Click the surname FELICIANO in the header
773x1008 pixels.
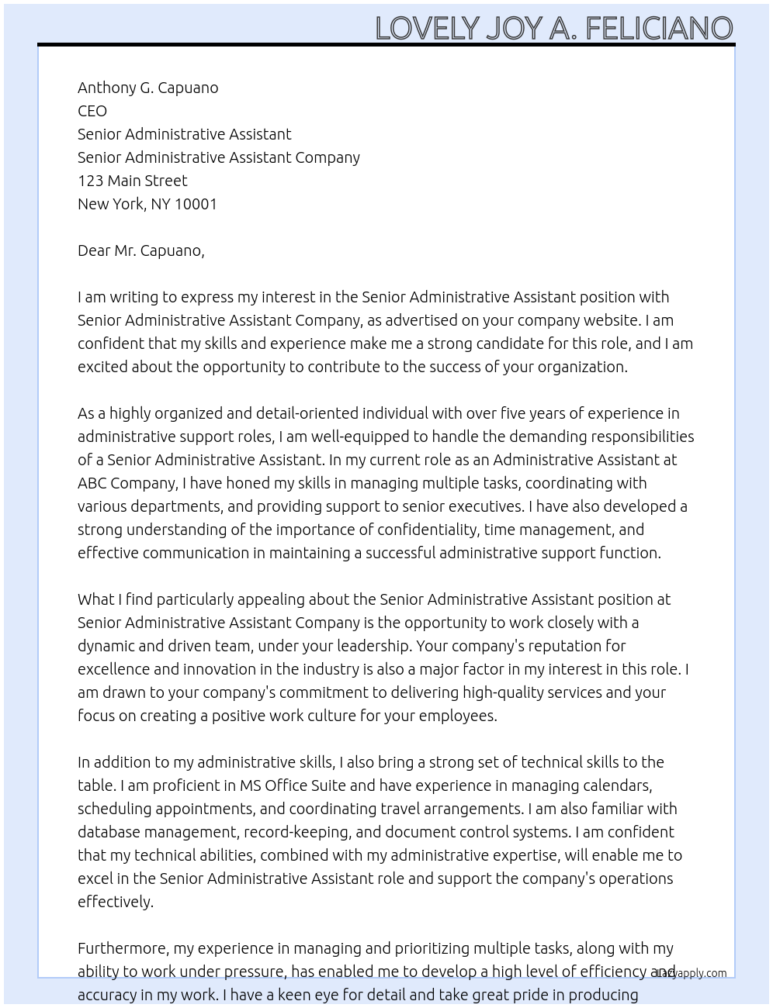coord(659,29)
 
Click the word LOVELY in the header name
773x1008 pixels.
coord(428,29)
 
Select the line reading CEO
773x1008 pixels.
coord(92,111)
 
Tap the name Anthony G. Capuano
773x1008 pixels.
coord(147,88)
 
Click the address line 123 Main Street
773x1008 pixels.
coord(132,181)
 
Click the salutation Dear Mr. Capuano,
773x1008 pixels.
coord(140,250)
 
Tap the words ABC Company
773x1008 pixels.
coord(127,483)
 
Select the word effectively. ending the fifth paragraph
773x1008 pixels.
coord(116,902)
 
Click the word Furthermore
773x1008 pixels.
coord(123,948)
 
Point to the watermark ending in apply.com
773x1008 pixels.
coord(692,973)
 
